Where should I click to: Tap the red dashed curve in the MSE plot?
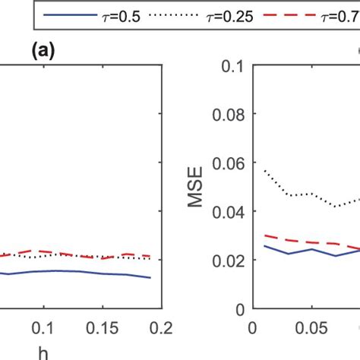304,242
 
